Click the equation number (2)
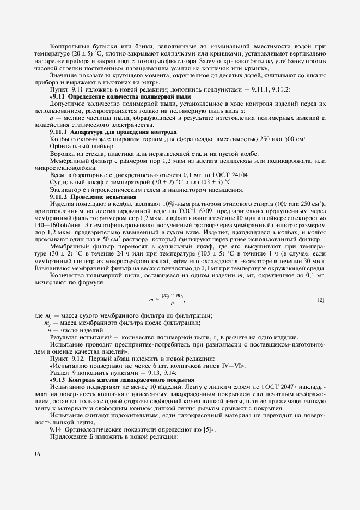pyautogui.click(x=321, y=300)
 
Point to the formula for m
pyautogui.click(x=167, y=300)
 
